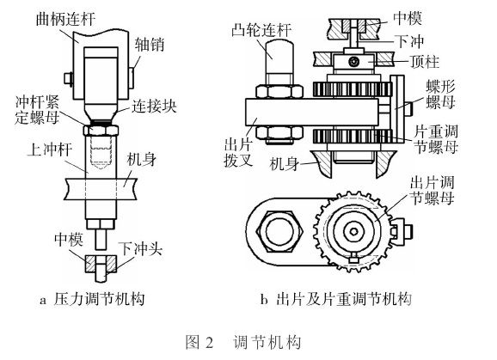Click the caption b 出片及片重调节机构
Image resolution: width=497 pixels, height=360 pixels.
337,300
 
